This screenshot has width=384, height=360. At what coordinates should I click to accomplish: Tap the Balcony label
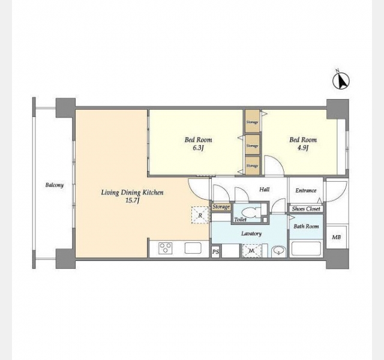(x=55, y=185)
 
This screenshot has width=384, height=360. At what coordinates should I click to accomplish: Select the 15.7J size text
(x=132, y=201)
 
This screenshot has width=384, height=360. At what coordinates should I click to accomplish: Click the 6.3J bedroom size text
(x=198, y=148)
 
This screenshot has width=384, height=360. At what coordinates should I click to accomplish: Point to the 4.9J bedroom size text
(x=302, y=148)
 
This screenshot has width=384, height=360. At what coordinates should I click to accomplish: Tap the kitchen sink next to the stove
(x=193, y=248)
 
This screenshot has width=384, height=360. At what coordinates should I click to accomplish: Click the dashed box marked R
(x=200, y=215)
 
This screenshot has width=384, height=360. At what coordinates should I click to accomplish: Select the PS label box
(x=215, y=251)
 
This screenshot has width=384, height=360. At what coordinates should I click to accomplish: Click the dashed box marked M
(x=251, y=251)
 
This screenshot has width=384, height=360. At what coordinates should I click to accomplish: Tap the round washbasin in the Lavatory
(x=278, y=251)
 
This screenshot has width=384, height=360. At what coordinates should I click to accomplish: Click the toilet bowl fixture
(x=251, y=212)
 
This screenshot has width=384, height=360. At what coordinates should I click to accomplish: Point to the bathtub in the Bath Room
(x=306, y=249)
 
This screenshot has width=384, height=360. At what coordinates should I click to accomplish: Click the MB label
(x=336, y=237)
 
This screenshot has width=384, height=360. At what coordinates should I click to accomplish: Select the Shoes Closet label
(x=306, y=209)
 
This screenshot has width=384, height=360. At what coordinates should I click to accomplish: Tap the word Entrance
(x=306, y=191)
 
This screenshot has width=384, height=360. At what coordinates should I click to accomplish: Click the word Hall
(x=265, y=190)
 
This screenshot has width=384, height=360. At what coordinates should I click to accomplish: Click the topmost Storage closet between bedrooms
(x=253, y=121)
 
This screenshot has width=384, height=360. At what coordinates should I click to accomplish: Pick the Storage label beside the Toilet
(x=221, y=207)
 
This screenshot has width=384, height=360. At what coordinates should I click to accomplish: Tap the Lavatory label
(x=251, y=233)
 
